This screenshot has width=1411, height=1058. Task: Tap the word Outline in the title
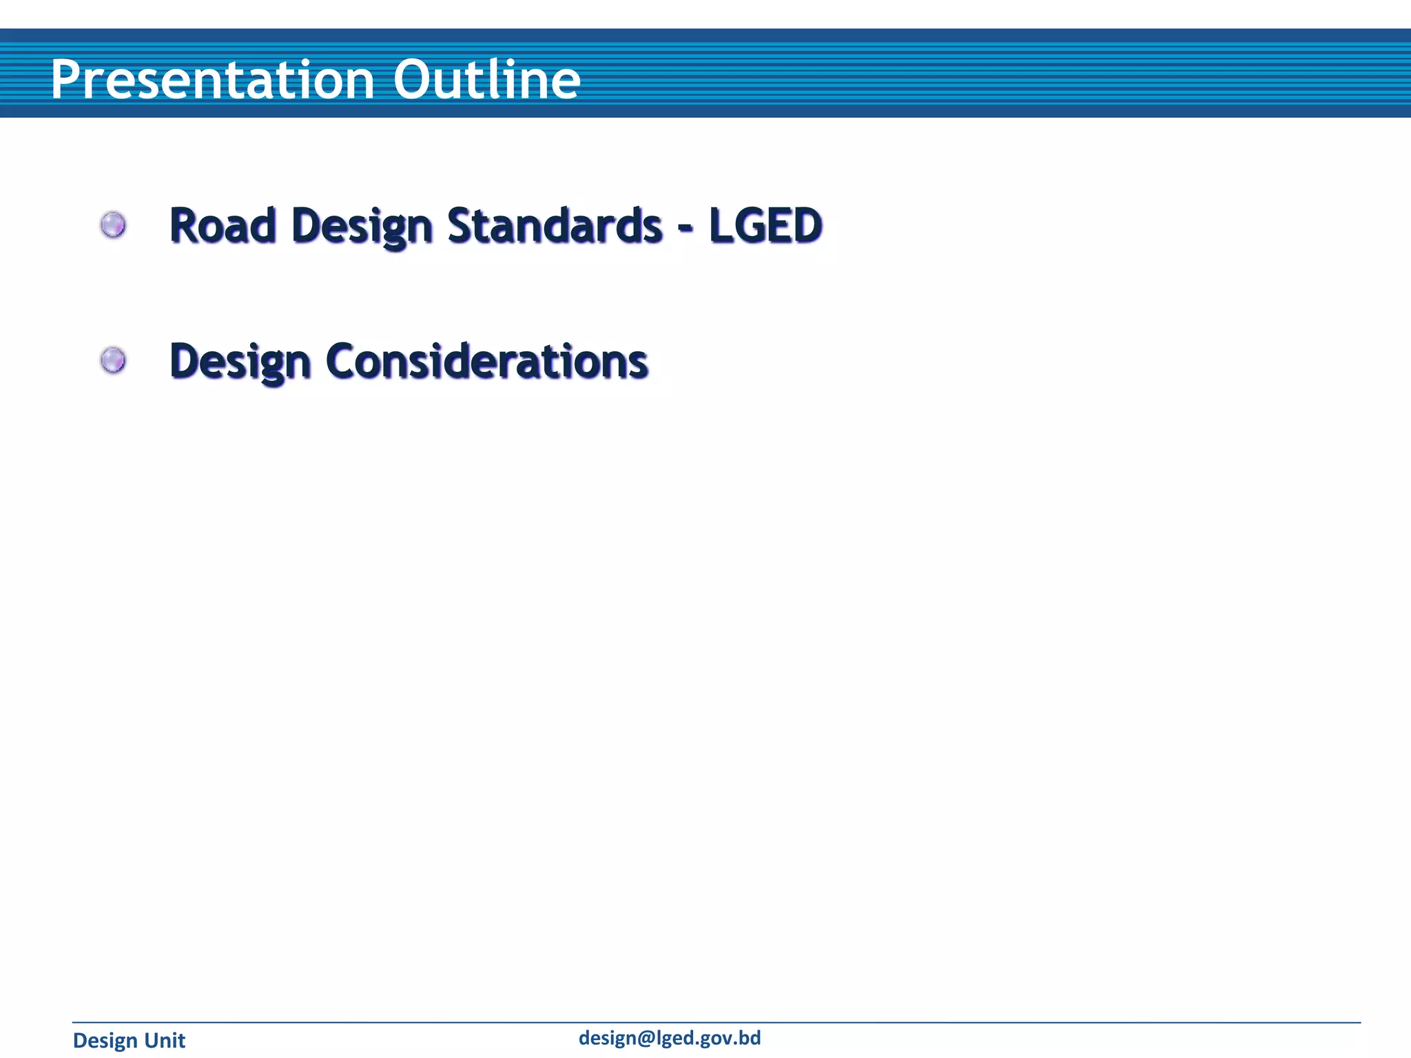pos(486,79)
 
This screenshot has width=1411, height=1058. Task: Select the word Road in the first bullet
pos(223,225)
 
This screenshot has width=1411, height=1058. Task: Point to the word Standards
pos(555,225)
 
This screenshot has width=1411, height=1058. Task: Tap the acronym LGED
pos(765,225)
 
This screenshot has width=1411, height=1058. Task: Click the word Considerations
pos(486,361)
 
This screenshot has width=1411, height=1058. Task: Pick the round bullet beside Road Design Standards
pos(113,225)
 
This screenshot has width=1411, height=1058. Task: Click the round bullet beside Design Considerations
pos(113,360)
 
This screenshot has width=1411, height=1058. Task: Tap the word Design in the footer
pos(105,1041)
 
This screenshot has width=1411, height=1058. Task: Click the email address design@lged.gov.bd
pos(669,1038)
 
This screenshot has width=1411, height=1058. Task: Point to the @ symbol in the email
pos(646,1039)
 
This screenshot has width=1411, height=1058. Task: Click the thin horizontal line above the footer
pos(717,1023)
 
